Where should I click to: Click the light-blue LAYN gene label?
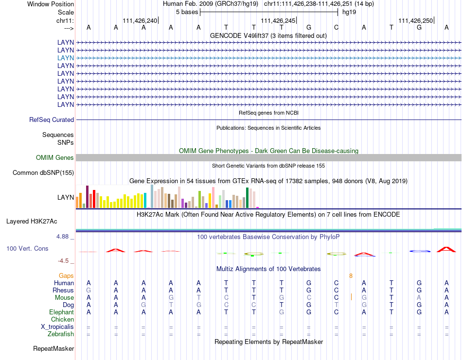pos(66,58)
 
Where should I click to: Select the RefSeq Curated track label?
pos(52,120)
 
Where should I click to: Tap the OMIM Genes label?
pos(55,157)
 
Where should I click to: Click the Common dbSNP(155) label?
pos(43,172)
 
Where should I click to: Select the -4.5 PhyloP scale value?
pos(64,260)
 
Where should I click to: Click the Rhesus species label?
pos(63,290)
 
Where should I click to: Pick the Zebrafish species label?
pos(61,334)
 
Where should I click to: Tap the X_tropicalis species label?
pos(57,326)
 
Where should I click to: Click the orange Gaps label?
pos(66,275)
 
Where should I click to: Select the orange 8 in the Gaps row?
pos(351,275)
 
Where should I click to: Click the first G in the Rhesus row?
pos(89,290)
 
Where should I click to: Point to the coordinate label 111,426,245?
pos(278,20)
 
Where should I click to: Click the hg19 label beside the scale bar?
pos(349,12)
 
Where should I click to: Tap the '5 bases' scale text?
pos(186,12)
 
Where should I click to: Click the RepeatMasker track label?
pos(53,348)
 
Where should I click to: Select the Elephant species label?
pos(61,312)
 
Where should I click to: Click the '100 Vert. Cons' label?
pos(27,248)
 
